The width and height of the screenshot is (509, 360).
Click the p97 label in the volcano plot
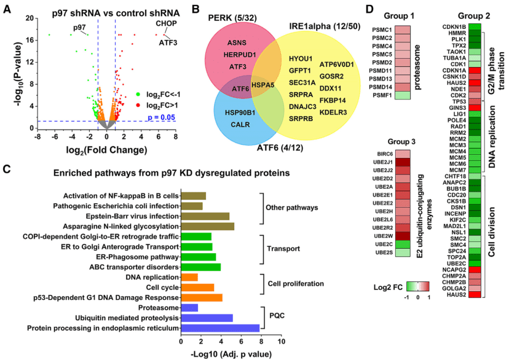pyautogui.click(x=79, y=28)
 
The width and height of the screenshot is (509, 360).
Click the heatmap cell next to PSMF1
pyautogui.click(x=403, y=96)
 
